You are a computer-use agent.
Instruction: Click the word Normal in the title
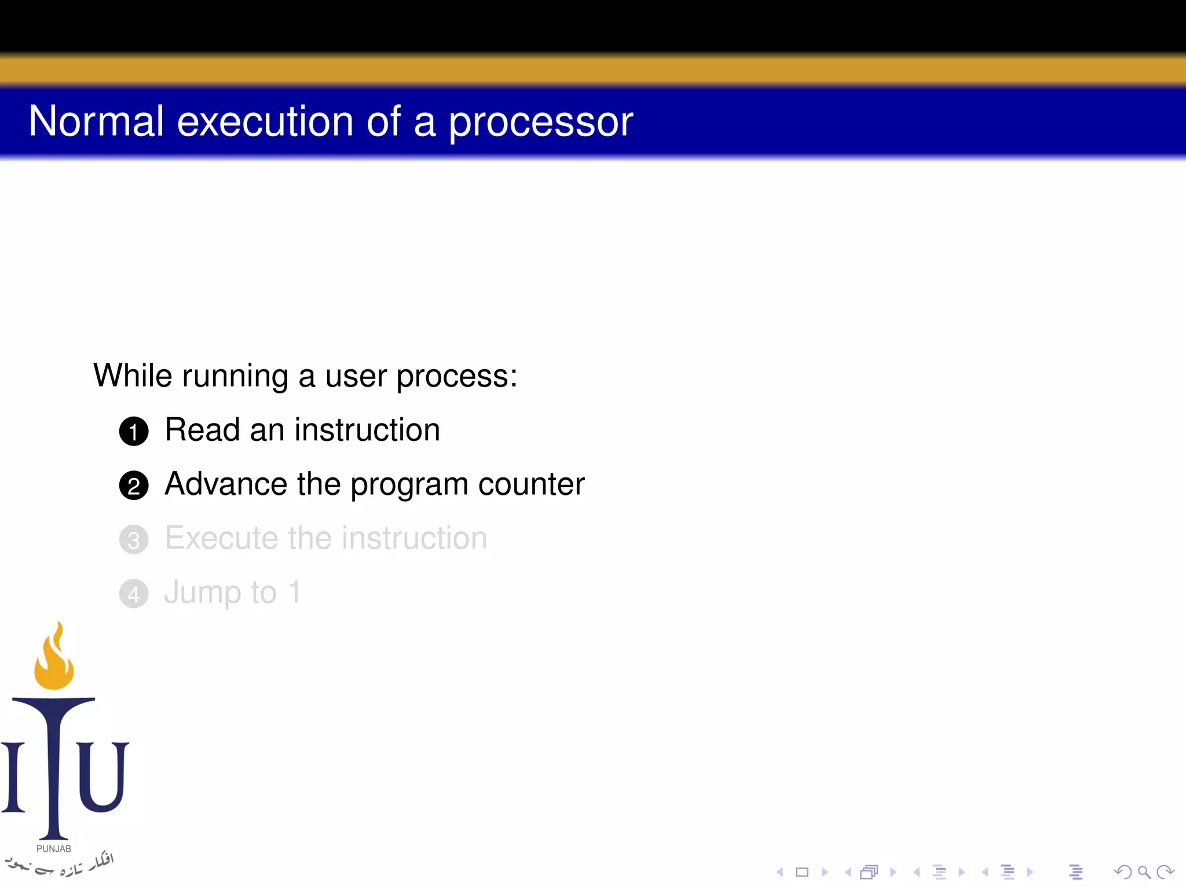[96, 121]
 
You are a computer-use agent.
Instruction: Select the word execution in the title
[265, 121]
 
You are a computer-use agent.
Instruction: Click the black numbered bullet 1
[134, 432]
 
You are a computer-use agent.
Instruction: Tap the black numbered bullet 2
[134, 486]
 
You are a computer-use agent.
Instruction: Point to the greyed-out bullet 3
[134, 540]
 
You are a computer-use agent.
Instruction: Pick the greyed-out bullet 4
[134, 594]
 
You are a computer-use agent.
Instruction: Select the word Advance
[226, 484]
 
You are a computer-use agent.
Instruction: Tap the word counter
[531, 485]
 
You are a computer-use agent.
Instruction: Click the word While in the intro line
[133, 375]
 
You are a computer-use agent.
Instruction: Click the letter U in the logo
[102, 776]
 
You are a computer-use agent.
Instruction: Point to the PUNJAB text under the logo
[54, 849]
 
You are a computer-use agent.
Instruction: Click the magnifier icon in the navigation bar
[1144, 872]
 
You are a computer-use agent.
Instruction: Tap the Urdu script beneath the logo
[58, 865]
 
